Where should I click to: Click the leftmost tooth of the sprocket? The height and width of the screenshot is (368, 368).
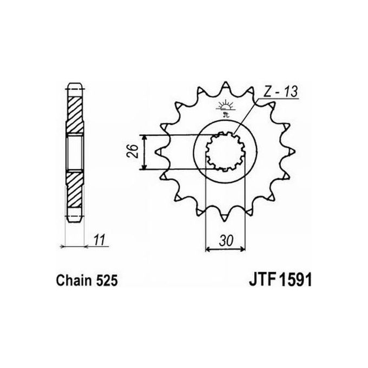click(159, 153)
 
